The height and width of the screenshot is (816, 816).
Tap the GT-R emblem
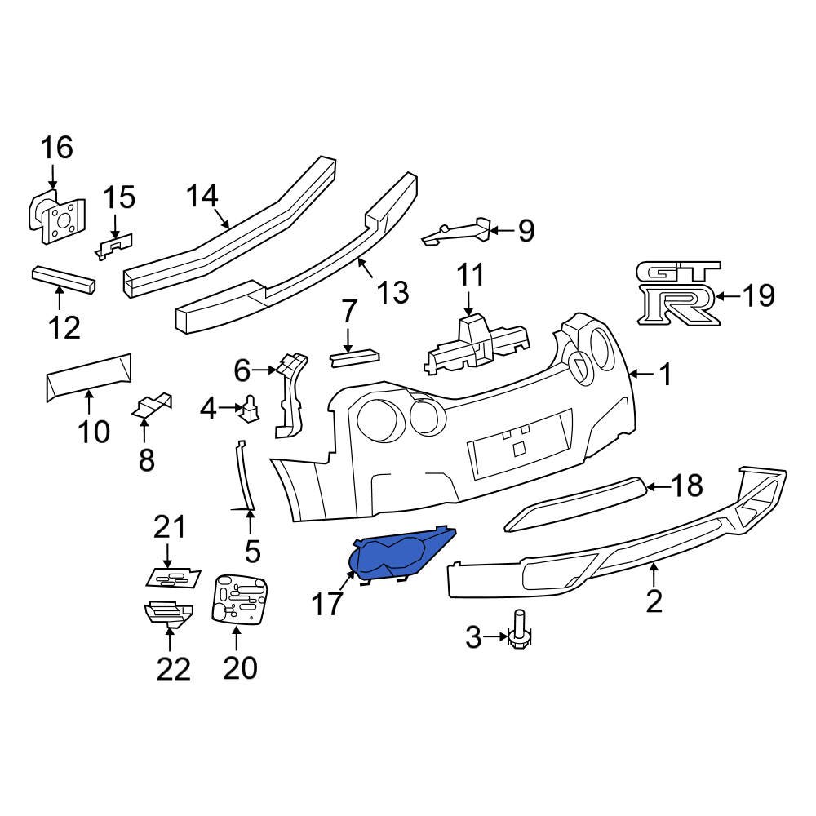pyautogui.click(x=678, y=294)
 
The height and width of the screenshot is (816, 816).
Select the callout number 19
pyautogui.click(x=759, y=295)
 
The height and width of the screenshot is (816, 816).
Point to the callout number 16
pyautogui.click(x=57, y=148)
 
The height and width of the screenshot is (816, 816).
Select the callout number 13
pyautogui.click(x=393, y=291)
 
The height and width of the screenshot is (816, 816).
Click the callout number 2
pyautogui.click(x=654, y=601)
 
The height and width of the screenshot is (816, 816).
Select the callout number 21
pyautogui.click(x=170, y=528)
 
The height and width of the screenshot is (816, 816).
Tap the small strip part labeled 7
pyautogui.click(x=354, y=356)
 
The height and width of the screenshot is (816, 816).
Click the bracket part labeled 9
pyautogui.click(x=457, y=233)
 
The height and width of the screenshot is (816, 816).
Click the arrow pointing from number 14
pyautogui.click(x=222, y=219)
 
